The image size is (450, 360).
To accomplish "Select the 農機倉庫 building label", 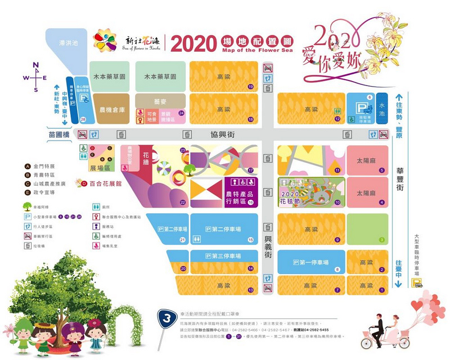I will tap(111, 110).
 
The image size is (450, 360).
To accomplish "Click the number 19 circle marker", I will tap(250, 86).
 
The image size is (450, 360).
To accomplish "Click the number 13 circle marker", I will tap(250, 289).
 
